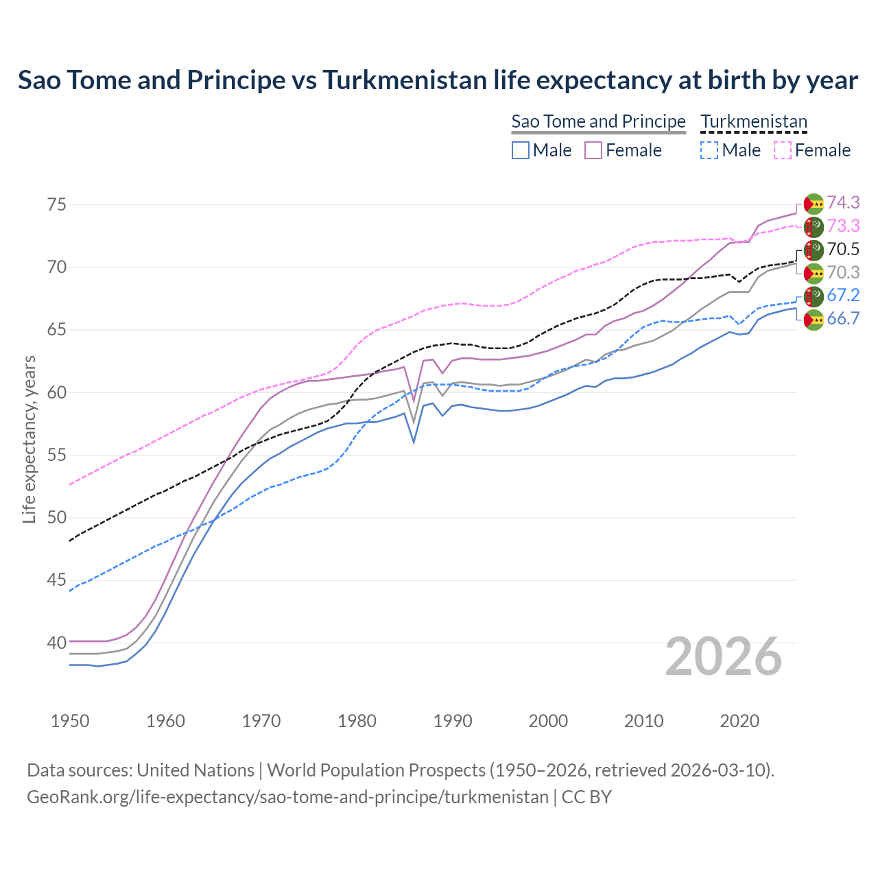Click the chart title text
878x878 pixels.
point(438,80)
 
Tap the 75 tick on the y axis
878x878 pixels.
point(57,204)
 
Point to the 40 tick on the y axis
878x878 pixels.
point(57,643)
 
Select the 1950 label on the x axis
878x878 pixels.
point(70,721)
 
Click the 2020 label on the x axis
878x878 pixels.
point(739,721)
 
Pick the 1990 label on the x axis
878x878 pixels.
point(453,721)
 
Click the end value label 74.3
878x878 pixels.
point(843,202)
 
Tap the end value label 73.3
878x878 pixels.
point(843,226)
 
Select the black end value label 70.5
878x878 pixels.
point(843,249)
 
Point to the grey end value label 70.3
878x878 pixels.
point(843,272)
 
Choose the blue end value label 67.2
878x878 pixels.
point(843,295)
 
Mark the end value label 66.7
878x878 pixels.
point(843,318)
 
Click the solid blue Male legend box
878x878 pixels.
point(521,150)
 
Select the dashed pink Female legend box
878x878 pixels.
point(783,150)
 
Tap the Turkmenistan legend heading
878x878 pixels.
point(754,121)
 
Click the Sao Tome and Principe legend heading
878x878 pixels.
point(598,121)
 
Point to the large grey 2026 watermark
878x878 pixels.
point(724,656)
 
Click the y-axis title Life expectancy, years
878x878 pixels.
point(29,439)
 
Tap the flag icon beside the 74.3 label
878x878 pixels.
point(814,204)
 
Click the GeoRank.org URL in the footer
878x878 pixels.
point(287,797)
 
